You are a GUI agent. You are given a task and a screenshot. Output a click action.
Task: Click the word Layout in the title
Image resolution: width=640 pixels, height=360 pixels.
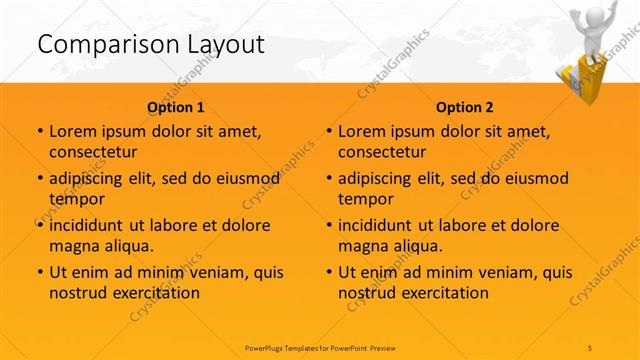[x=218, y=44]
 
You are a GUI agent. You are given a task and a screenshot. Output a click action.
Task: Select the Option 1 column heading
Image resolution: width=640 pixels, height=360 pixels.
[x=176, y=106]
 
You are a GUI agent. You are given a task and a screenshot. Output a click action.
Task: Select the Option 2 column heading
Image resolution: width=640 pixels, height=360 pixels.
[x=465, y=106]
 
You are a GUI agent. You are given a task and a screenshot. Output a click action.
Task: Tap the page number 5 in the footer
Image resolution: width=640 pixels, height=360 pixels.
[x=591, y=347]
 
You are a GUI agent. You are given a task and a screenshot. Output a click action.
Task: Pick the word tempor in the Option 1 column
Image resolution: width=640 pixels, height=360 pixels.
[x=74, y=199]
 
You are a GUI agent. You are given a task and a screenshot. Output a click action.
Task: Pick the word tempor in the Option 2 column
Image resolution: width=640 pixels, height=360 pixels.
[x=364, y=199]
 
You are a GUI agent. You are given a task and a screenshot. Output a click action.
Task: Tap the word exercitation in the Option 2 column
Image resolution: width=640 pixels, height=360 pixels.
[x=442, y=293]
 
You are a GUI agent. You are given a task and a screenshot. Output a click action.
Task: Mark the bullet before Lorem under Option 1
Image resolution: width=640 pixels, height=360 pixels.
[x=39, y=131]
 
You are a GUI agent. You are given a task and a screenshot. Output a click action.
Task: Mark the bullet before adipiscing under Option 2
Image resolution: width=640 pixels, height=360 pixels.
[x=329, y=178]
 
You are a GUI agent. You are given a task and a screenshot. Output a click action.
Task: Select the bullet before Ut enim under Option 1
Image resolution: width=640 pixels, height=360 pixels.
[x=39, y=272]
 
